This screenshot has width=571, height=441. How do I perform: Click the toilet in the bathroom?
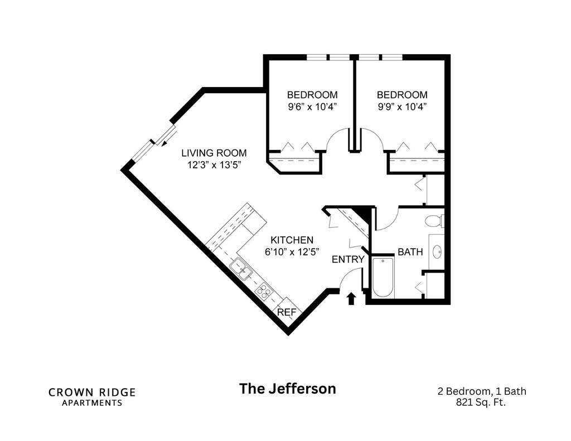[x=433, y=221]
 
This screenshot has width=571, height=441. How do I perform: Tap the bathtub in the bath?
[x=383, y=277]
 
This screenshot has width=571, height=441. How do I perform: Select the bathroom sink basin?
[x=437, y=252]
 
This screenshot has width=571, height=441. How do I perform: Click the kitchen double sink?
[x=241, y=269]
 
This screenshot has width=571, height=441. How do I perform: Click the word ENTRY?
[x=348, y=259]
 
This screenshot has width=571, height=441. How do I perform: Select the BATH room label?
[x=410, y=252]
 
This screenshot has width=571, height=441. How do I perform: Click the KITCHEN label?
[x=292, y=240]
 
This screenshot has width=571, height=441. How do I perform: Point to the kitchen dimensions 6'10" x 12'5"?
[x=292, y=251]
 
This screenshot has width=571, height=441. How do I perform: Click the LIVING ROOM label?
[x=214, y=153]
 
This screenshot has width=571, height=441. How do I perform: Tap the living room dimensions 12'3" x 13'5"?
[x=214, y=164]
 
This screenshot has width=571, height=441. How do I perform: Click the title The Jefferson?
[x=288, y=389]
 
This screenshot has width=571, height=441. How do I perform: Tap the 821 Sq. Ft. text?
[x=481, y=402]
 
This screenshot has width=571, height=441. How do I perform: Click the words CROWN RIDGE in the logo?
[x=92, y=392]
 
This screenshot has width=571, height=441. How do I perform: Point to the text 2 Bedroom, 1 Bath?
[x=481, y=391]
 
